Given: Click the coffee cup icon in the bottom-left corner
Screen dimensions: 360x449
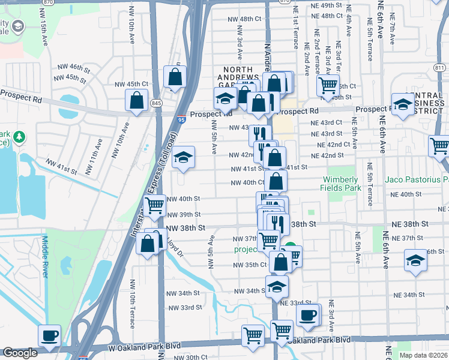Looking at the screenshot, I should click(x=49, y=335).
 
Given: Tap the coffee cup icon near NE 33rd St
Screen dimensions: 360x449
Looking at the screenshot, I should click(x=309, y=315).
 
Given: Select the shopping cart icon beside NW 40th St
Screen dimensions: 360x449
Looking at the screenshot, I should click(x=155, y=206).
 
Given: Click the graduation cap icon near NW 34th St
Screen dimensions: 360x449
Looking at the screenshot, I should click(x=277, y=287).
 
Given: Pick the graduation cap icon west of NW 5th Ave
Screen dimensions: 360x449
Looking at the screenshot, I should click(x=184, y=158).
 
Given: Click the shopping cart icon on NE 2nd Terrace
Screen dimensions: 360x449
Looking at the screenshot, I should click(x=328, y=85).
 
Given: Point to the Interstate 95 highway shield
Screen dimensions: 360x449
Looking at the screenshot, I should click(x=181, y=120).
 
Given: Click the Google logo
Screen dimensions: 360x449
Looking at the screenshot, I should click(x=20, y=353).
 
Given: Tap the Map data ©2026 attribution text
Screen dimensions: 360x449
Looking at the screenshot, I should click(x=423, y=355).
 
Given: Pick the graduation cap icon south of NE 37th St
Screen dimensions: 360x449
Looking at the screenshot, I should click(x=415, y=261).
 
